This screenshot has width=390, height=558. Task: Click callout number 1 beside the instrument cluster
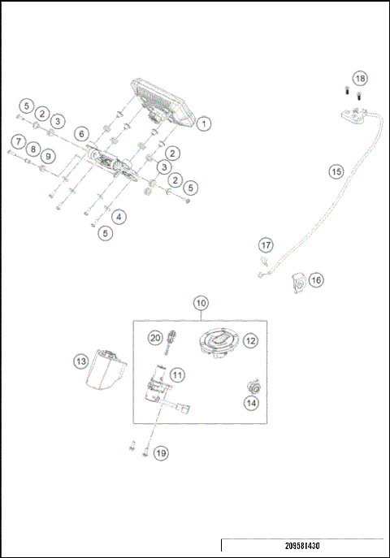(x=203, y=124)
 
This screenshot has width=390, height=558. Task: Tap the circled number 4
(x=119, y=217)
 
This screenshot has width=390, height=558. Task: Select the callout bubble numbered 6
(x=80, y=134)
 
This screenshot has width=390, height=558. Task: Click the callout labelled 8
(x=32, y=149)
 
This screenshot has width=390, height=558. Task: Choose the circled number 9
(x=48, y=156)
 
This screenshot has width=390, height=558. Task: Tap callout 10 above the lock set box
(x=201, y=302)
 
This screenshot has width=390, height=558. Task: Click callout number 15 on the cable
(x=336, y=171)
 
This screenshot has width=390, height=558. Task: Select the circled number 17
(x=266, y=244)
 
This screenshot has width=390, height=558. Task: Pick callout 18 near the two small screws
(x=360, y=78)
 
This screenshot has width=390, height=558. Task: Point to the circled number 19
(x=161, y=452)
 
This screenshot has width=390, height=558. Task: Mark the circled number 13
(x=80, y=360)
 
